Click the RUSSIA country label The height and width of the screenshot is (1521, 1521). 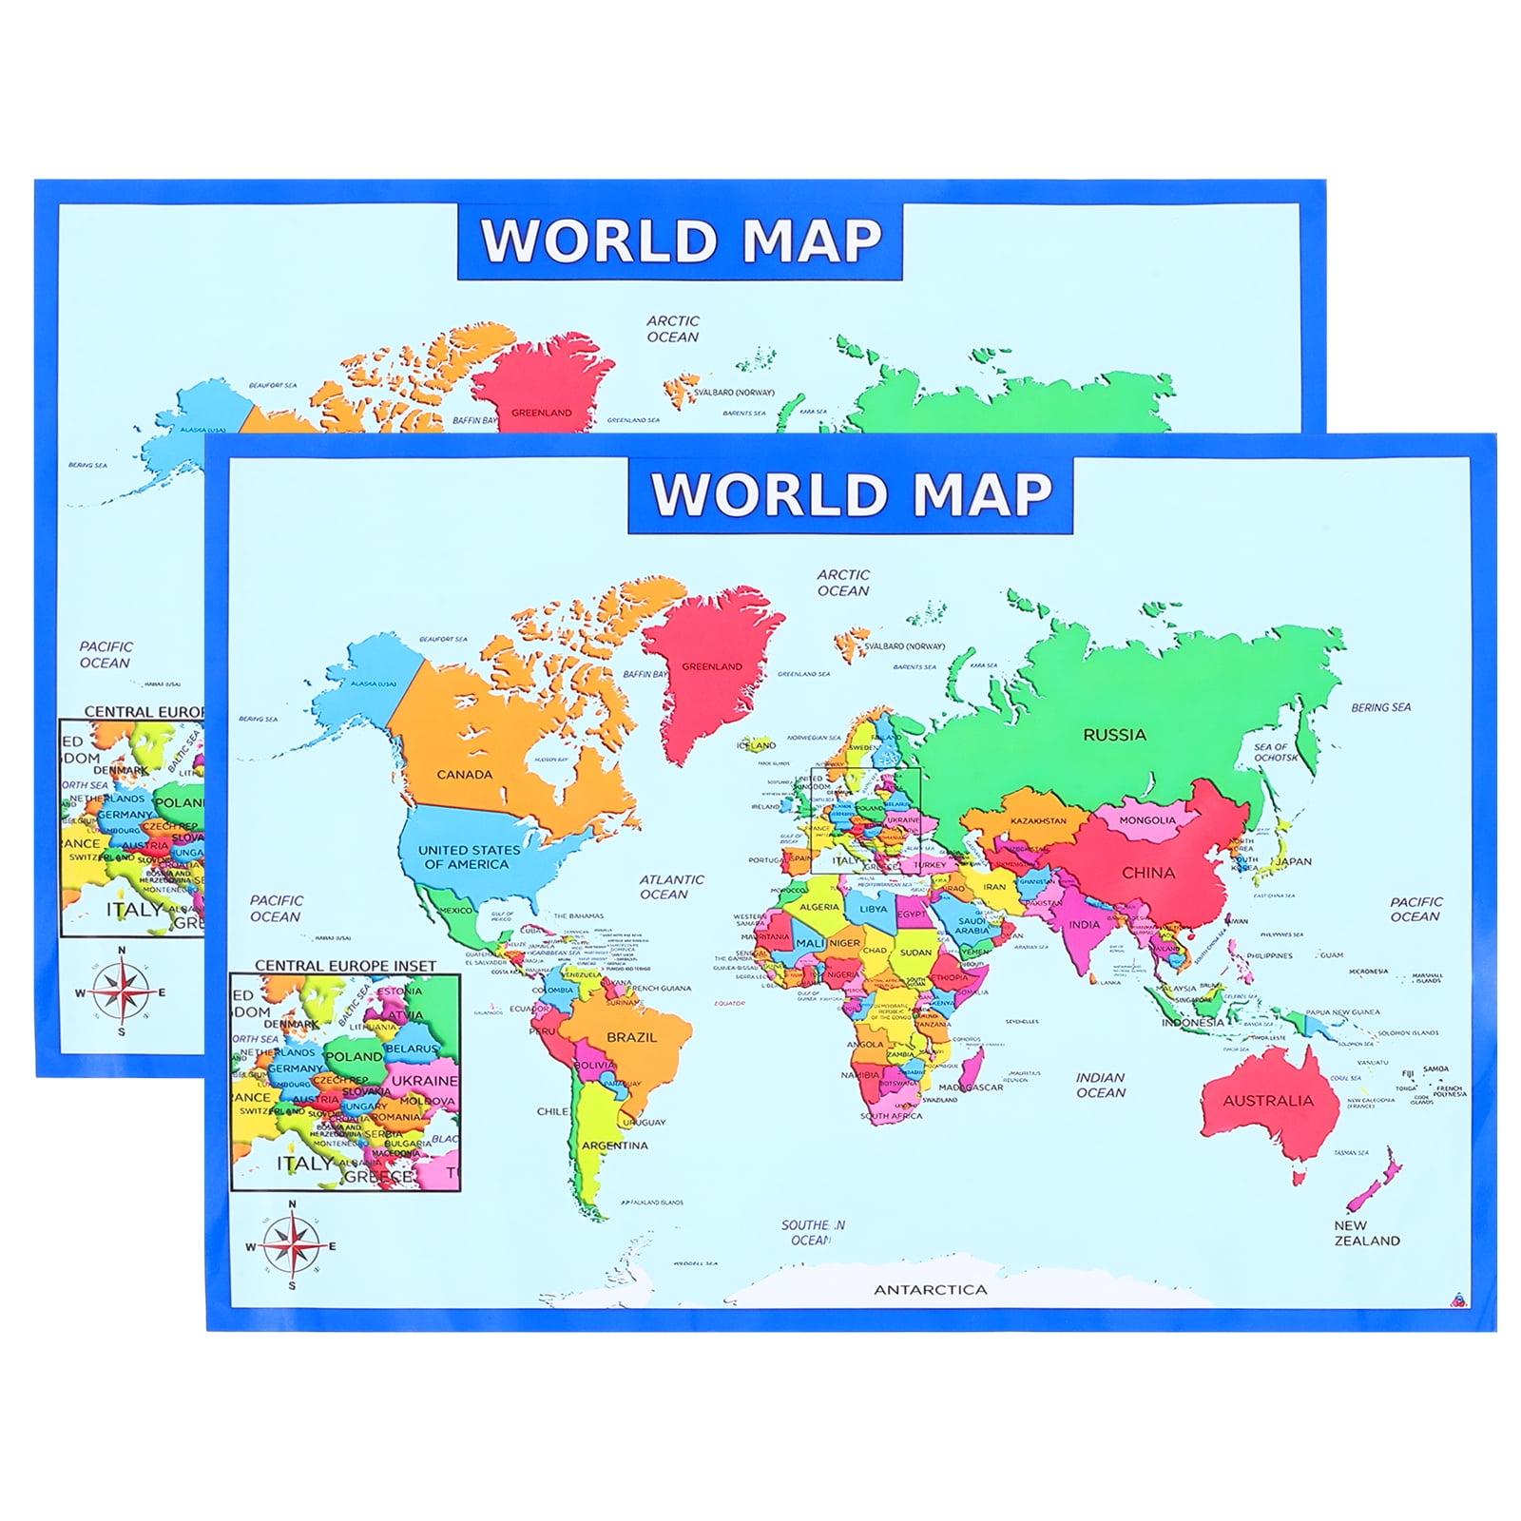pos(1114,735)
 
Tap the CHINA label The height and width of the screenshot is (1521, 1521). pos(1148,873)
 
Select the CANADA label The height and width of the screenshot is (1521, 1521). pos(464,775)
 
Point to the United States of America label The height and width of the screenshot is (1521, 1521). pos(469,857)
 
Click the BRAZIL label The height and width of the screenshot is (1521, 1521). pos(631,1037)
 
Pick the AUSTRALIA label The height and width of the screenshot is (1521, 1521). pos(1267,1101)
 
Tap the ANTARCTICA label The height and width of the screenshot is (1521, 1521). pos(931,1290)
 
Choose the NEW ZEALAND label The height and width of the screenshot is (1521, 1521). pos(1366,1233)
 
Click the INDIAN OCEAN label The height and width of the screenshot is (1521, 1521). pos(1100,1086)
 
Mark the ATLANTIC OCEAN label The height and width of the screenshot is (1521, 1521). pos(671,887)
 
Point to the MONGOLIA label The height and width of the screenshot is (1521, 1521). pos(1146,820)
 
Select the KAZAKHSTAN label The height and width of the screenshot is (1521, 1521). pos(1037,821)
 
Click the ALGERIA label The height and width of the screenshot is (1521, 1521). pos(819,907)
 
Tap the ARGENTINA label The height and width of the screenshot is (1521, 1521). pos(614,1146)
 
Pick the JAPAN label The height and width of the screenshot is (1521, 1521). pos(1293,862)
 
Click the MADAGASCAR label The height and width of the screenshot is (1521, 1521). pos(971,1088)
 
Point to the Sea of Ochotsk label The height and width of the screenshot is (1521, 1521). pos(1275,752)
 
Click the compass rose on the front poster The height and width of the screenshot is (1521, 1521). pos(292,1246)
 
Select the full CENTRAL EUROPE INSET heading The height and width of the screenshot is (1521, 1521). pos(345,966)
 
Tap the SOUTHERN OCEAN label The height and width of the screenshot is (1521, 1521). pos(812,1233)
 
